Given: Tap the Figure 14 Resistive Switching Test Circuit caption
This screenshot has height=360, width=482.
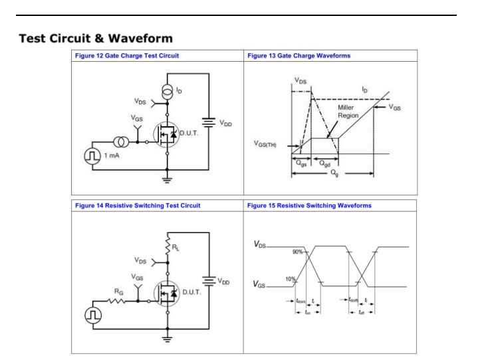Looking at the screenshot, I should (139, 206).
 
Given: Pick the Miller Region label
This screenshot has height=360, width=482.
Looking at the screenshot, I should (346, 111).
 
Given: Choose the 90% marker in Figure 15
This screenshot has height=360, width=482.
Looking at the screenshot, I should (298, 252).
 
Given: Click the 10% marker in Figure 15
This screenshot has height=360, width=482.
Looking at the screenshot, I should (291, 278).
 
